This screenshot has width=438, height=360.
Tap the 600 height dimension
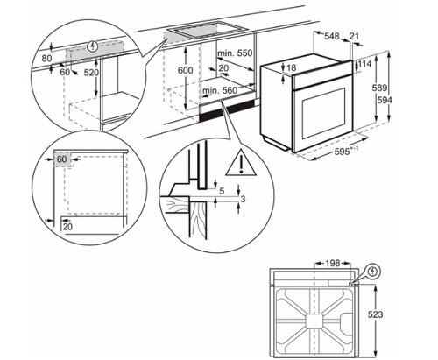pos(185,69)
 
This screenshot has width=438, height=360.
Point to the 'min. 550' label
pos(234,53)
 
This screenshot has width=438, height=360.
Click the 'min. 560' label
pos(221,90)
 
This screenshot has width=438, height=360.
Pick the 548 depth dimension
pos(331,37)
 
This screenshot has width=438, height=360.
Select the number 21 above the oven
pos(355,37)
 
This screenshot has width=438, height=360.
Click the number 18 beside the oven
pos(292,68)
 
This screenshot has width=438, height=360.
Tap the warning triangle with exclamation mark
pos(237,163)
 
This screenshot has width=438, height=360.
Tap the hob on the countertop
pos(194,31)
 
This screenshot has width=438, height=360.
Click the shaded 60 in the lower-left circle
pos(61,159)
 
